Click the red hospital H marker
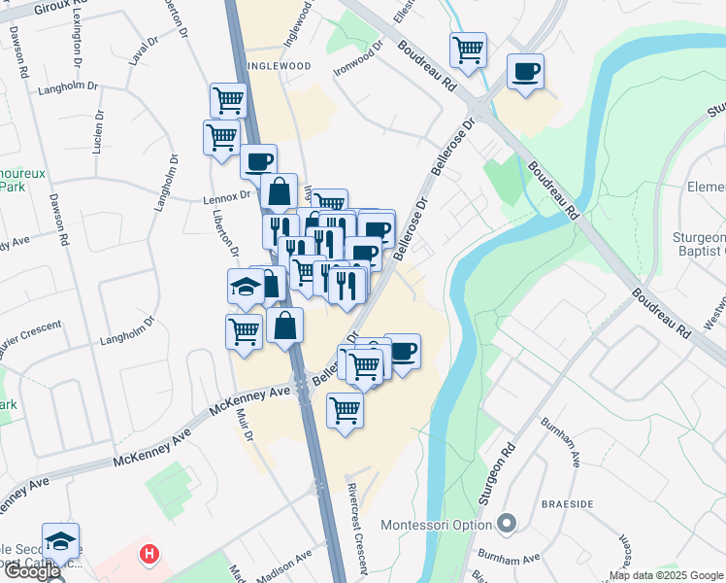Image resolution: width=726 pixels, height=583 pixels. tap(148, 555)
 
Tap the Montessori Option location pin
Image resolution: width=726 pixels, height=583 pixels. tap(506, 525)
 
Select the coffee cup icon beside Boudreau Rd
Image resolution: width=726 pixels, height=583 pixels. tap(525, 71)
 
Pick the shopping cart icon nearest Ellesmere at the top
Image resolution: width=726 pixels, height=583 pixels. tap(468, 50)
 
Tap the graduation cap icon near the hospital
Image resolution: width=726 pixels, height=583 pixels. tap(60, 540)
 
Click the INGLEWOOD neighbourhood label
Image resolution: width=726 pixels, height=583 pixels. tap(279, 65)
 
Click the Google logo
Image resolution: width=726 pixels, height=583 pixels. tap(31, 572)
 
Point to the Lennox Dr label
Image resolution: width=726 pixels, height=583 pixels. tap(227, 194)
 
